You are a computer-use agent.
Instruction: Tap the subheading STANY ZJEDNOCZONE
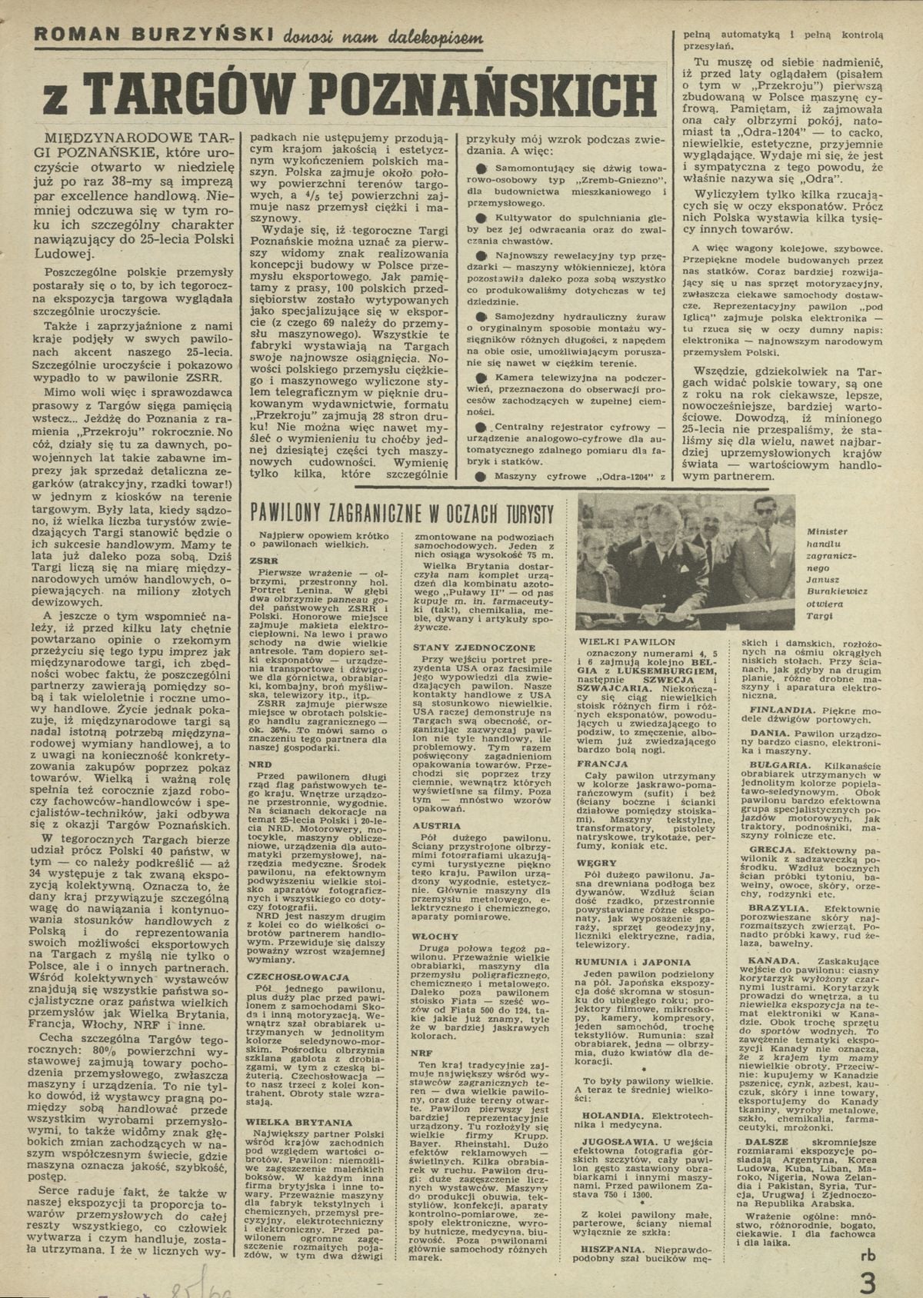pos(462,647)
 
